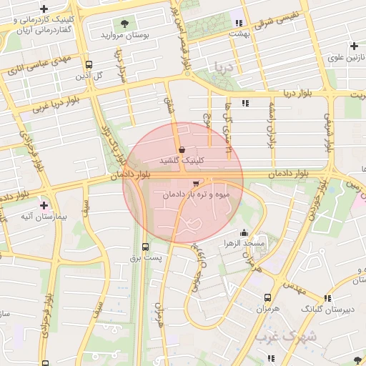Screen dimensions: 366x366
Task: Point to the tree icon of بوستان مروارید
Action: [x=126, y=24]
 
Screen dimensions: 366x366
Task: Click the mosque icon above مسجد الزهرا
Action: [x=244, y=232]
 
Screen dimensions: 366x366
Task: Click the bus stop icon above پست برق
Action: [x=146, y=247]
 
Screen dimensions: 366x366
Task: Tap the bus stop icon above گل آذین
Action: [x=89, y=64]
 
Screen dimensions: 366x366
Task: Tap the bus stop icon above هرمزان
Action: [x=267, y=297]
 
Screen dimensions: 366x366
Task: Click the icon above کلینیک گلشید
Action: [x=183, y=149]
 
